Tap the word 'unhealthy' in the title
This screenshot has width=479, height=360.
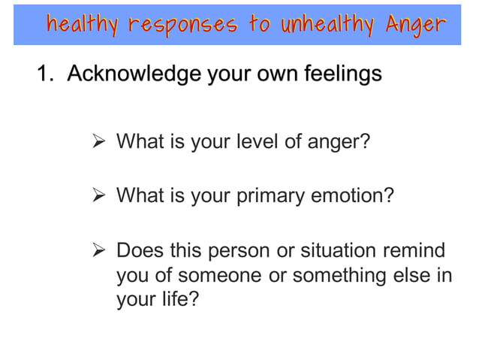click(328, 25)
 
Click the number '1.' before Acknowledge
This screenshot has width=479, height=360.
click(47, 74)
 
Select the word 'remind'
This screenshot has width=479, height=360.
click(418, 250)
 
